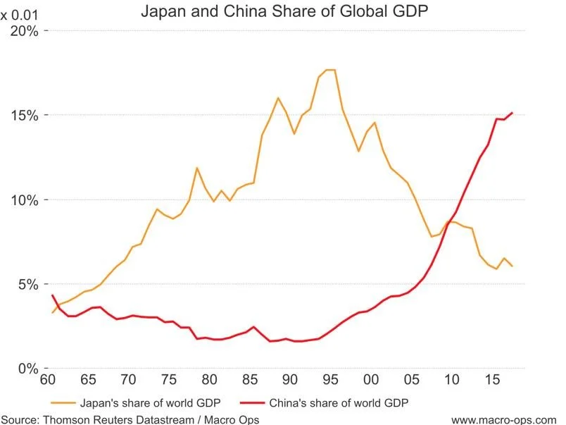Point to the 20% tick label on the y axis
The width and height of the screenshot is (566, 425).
(x=25, y=31)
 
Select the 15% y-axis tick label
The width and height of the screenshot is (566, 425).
(x=25, y=115)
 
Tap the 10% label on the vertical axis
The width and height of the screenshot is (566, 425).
(x=25, y=199)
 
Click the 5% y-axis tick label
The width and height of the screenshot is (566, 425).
(x=29, y=284)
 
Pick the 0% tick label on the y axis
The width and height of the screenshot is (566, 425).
(x=29, y=368)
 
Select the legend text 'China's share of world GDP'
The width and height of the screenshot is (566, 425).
(x=338, y=403)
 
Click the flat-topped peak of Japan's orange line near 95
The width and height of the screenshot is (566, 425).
(x=329, y=70)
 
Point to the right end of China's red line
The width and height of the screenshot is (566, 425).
(x=512, y=113)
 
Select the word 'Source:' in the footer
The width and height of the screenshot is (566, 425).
(x=20, y=419)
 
